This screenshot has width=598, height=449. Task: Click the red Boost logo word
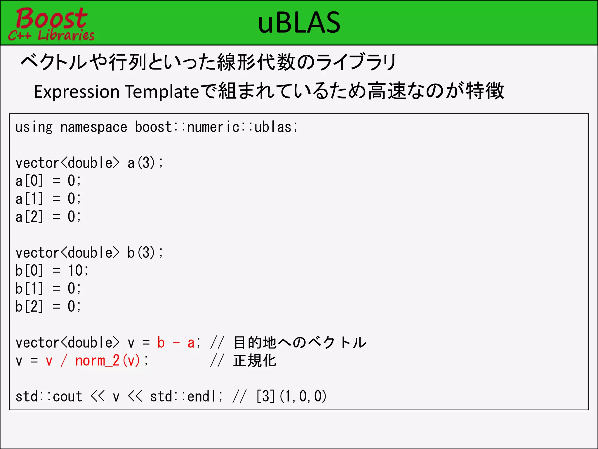[x=51, y=18]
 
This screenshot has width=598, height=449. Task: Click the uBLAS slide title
[x=299, y=23]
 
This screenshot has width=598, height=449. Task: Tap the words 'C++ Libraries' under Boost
[x=51, y=35]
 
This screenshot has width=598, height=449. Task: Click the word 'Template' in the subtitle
[x=162, y=91]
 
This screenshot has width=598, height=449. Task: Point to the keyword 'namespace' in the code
[x=93, y=127]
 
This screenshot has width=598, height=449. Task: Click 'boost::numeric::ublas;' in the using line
[x=216, y=127]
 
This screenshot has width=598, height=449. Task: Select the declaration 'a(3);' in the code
[x=145, y=163]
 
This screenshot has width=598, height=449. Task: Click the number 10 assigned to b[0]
[x=75, y=271]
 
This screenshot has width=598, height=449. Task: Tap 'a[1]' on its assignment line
[x=29, y=199]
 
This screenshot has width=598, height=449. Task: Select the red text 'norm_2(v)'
[x=107, y=361]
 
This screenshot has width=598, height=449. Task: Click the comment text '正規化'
[x=254, y=361]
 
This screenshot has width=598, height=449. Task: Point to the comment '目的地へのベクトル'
[x=300, y=343]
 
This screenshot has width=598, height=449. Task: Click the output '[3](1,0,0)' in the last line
[x=291, y=397]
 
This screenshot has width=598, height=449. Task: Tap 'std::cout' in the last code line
[x=49, y=397]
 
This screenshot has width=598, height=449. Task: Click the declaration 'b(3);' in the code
[x=145, y=253]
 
